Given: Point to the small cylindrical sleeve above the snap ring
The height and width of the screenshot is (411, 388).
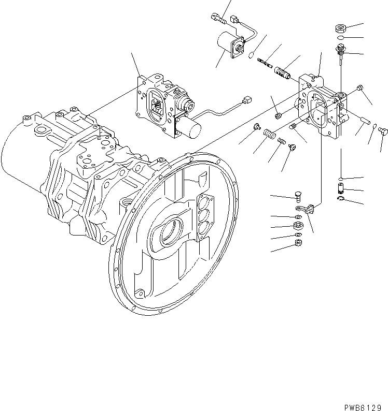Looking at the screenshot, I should click(x=341, y=185).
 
